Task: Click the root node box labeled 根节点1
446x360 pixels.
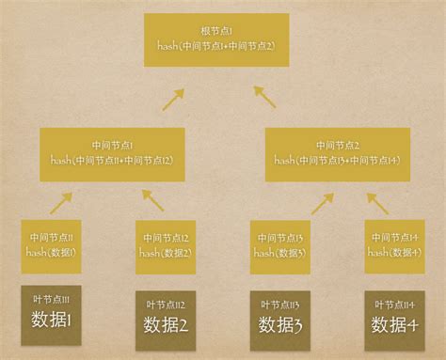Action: click(x=223, y=39)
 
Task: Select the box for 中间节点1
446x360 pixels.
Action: click(x=112, y=153)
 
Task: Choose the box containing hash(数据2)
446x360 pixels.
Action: click(x=167, y=246)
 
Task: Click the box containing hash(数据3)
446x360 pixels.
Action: click(x=280, y=246)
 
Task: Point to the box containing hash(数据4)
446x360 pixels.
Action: click(x=393, y=245)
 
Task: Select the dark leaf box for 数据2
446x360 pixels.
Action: click(x=167, y=320)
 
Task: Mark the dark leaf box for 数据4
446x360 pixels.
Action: click(x=393, y=320)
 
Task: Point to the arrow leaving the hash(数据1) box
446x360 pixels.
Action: click(x=61, y=202)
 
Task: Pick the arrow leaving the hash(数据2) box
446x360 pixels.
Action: click(x=152, y=199)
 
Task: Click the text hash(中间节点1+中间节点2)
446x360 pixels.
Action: click(x=223, y=45)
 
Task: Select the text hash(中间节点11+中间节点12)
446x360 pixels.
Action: click(x=112, y=160)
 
